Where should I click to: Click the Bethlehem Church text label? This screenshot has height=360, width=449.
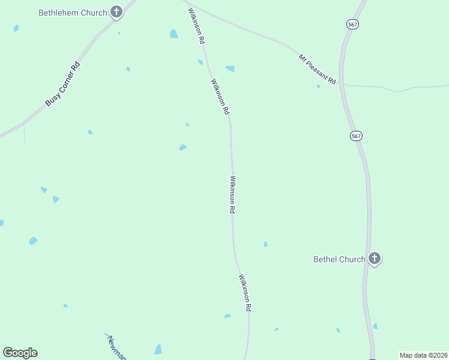click(x=72, y=12)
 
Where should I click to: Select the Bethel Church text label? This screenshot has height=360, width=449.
click(x=339, y=259)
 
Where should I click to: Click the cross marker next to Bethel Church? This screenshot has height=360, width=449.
click(x=375, y=259)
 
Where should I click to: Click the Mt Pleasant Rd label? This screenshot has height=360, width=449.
click(x=317, y=68)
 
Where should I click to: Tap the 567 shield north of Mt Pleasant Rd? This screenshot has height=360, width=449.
click(x=352, y=24)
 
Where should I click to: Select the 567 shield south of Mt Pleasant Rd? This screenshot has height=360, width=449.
click(x=357, y=136)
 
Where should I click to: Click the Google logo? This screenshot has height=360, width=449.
click(x=20, y=353)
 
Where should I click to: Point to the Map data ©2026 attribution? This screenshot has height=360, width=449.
click(x=423, y=355)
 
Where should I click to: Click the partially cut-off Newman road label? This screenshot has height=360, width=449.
click(x=116, y=347)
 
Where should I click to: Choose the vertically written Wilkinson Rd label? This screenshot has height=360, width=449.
click(x=232, y=194)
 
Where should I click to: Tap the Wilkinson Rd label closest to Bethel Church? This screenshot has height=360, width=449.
click(x=244, y=293)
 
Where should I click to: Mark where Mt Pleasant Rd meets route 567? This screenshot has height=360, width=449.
click(x=341, y=84)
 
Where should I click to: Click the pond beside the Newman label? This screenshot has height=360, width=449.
click(x=158, y=349)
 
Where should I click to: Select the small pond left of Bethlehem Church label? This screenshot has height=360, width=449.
click(x=16, y=28)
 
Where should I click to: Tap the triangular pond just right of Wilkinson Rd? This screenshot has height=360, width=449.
click(x=230, y=69)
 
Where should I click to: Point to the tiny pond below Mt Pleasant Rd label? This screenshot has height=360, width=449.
click(x=318, y=86)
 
